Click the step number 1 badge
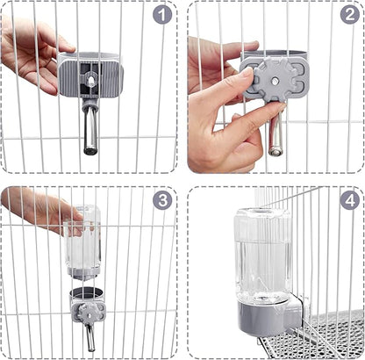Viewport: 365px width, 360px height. [161, 15]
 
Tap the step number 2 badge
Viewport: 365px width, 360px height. [347, 15]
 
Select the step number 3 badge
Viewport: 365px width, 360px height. [161, 200]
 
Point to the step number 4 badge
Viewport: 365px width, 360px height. [348, 200]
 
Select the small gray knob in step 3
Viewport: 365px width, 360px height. [83, 308]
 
